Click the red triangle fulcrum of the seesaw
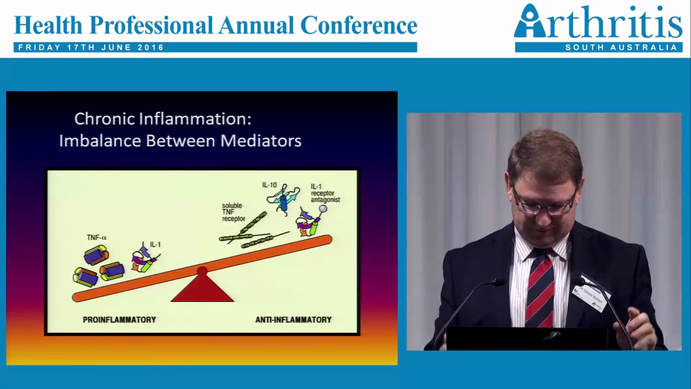(x=202, y=289)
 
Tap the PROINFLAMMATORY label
(x=119, y=320)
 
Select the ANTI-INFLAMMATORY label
(x=293, y=320)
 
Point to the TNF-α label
(x=97, y=237)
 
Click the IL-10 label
(x=269, y=185)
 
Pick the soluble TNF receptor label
(x=233, y=212)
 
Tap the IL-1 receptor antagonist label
(x=326, y=193)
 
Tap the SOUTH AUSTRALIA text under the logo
(x=621, y=48)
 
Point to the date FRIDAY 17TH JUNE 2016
(x=91, y=48)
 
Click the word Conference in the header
(x=358, y=25)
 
